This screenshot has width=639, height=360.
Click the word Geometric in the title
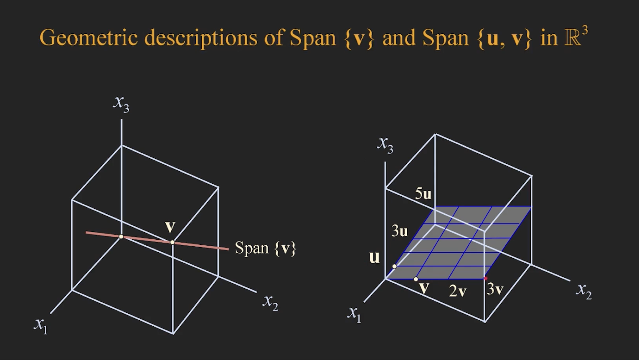[x=89, y=38]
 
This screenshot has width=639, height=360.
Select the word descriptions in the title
[x=200, y=38]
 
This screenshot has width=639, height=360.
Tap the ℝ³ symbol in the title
[x=576, y=37]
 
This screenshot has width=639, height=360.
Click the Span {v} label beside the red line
[x=265, y=248]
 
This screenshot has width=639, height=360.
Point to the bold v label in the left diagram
[x=170, y=227]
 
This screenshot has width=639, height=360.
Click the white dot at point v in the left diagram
[x=172, y=242]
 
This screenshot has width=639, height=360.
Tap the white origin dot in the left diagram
[x=121, y=236]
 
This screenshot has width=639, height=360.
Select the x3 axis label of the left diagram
[x=121, y=103]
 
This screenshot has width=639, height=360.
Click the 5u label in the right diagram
[x=423, y=194]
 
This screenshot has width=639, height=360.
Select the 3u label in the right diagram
[x=400, y=231]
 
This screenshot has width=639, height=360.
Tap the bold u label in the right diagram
[x=375, y=257]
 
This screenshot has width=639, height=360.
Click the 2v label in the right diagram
[x=458, y=291]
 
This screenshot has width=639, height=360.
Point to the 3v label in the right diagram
[x=495, y=289]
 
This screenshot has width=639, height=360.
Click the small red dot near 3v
[x=485, y=278]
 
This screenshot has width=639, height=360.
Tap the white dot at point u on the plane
[x=394, y=266]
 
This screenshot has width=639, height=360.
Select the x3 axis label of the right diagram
[x=385, y=144]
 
